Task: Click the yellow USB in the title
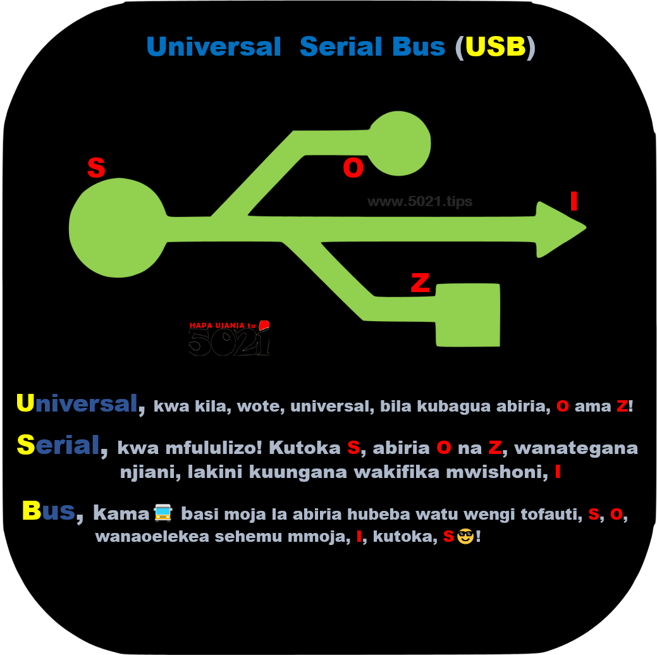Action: pyautogui.click(x=495, y=47)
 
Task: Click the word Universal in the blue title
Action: pyautogui.click(x=214, y=47)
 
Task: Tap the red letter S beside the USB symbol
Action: pyautogui.click(x=96, y=168)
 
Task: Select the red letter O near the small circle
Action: pyautogui.click(x=353, y=168)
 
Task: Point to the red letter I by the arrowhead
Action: pyautogui.click(x=574, y=201)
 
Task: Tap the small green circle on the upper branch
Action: pyautogui.click(x=399, y=144)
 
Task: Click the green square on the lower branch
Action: pyautogui.click(x=468, y=315)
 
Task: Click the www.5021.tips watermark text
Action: pyautogui.click(x=420, y=202)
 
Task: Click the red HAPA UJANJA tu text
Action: pyautogui.click(x=222, y=326)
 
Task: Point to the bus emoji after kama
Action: pyautogui.click(x=163, y=512)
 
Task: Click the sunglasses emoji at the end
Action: pyautogui.click(x=465, y=537)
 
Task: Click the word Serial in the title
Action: pyautogui.click(x=372, y=47)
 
